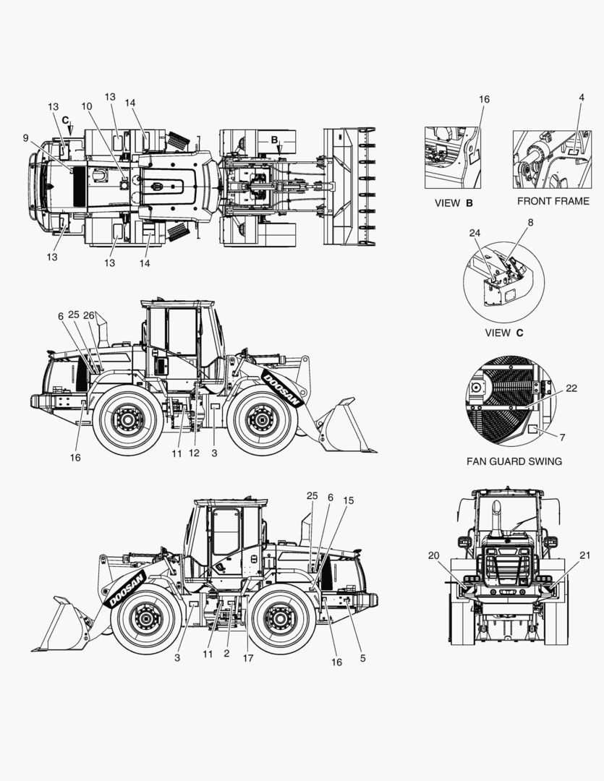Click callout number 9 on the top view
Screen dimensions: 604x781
click(x=26, y=138)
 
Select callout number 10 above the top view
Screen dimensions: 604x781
click(x=87, y=106)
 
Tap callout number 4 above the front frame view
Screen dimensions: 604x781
click(x=582, y=98)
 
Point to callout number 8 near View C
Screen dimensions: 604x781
click(x=530, y=222)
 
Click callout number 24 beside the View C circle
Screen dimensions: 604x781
click(x=475, y=233)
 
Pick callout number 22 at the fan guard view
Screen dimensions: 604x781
click(x=571, y=388)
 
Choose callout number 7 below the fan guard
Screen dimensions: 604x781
click(x=563, y=438)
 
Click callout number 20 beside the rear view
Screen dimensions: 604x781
click(x=433, y=555)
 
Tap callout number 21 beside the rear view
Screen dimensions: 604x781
click(x=585, y=555)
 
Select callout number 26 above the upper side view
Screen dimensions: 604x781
click(x=89, y=315)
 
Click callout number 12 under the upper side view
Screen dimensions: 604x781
click(x=194, y=453)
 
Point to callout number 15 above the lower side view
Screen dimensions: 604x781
click(x=349, y=500)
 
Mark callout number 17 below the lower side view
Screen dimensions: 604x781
click(x=248, y=658)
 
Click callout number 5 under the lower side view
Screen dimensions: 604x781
click(x=363, y=658)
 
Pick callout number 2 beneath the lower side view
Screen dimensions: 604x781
click(x=226, y=654)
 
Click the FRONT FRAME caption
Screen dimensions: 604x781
click(x=553, y=201)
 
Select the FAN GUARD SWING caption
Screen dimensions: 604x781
click(x=514, y=461)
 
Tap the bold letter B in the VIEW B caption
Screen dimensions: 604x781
click(x=469, y=203)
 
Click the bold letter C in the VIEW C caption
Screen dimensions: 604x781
click(x=520, y=333)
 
